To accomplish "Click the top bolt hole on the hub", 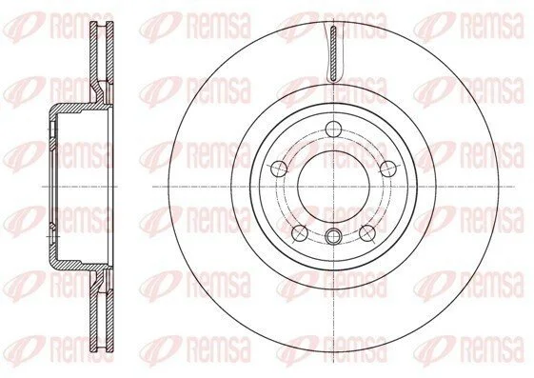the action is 333,129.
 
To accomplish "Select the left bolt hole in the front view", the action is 279,168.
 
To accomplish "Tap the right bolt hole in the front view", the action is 388,168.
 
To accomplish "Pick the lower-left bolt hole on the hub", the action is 300,232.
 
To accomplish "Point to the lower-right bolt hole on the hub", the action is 367,232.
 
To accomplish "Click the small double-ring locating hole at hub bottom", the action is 333,236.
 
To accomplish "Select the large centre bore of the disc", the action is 333,187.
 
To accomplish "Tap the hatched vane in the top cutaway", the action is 333,53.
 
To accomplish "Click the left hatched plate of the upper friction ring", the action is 93,61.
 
